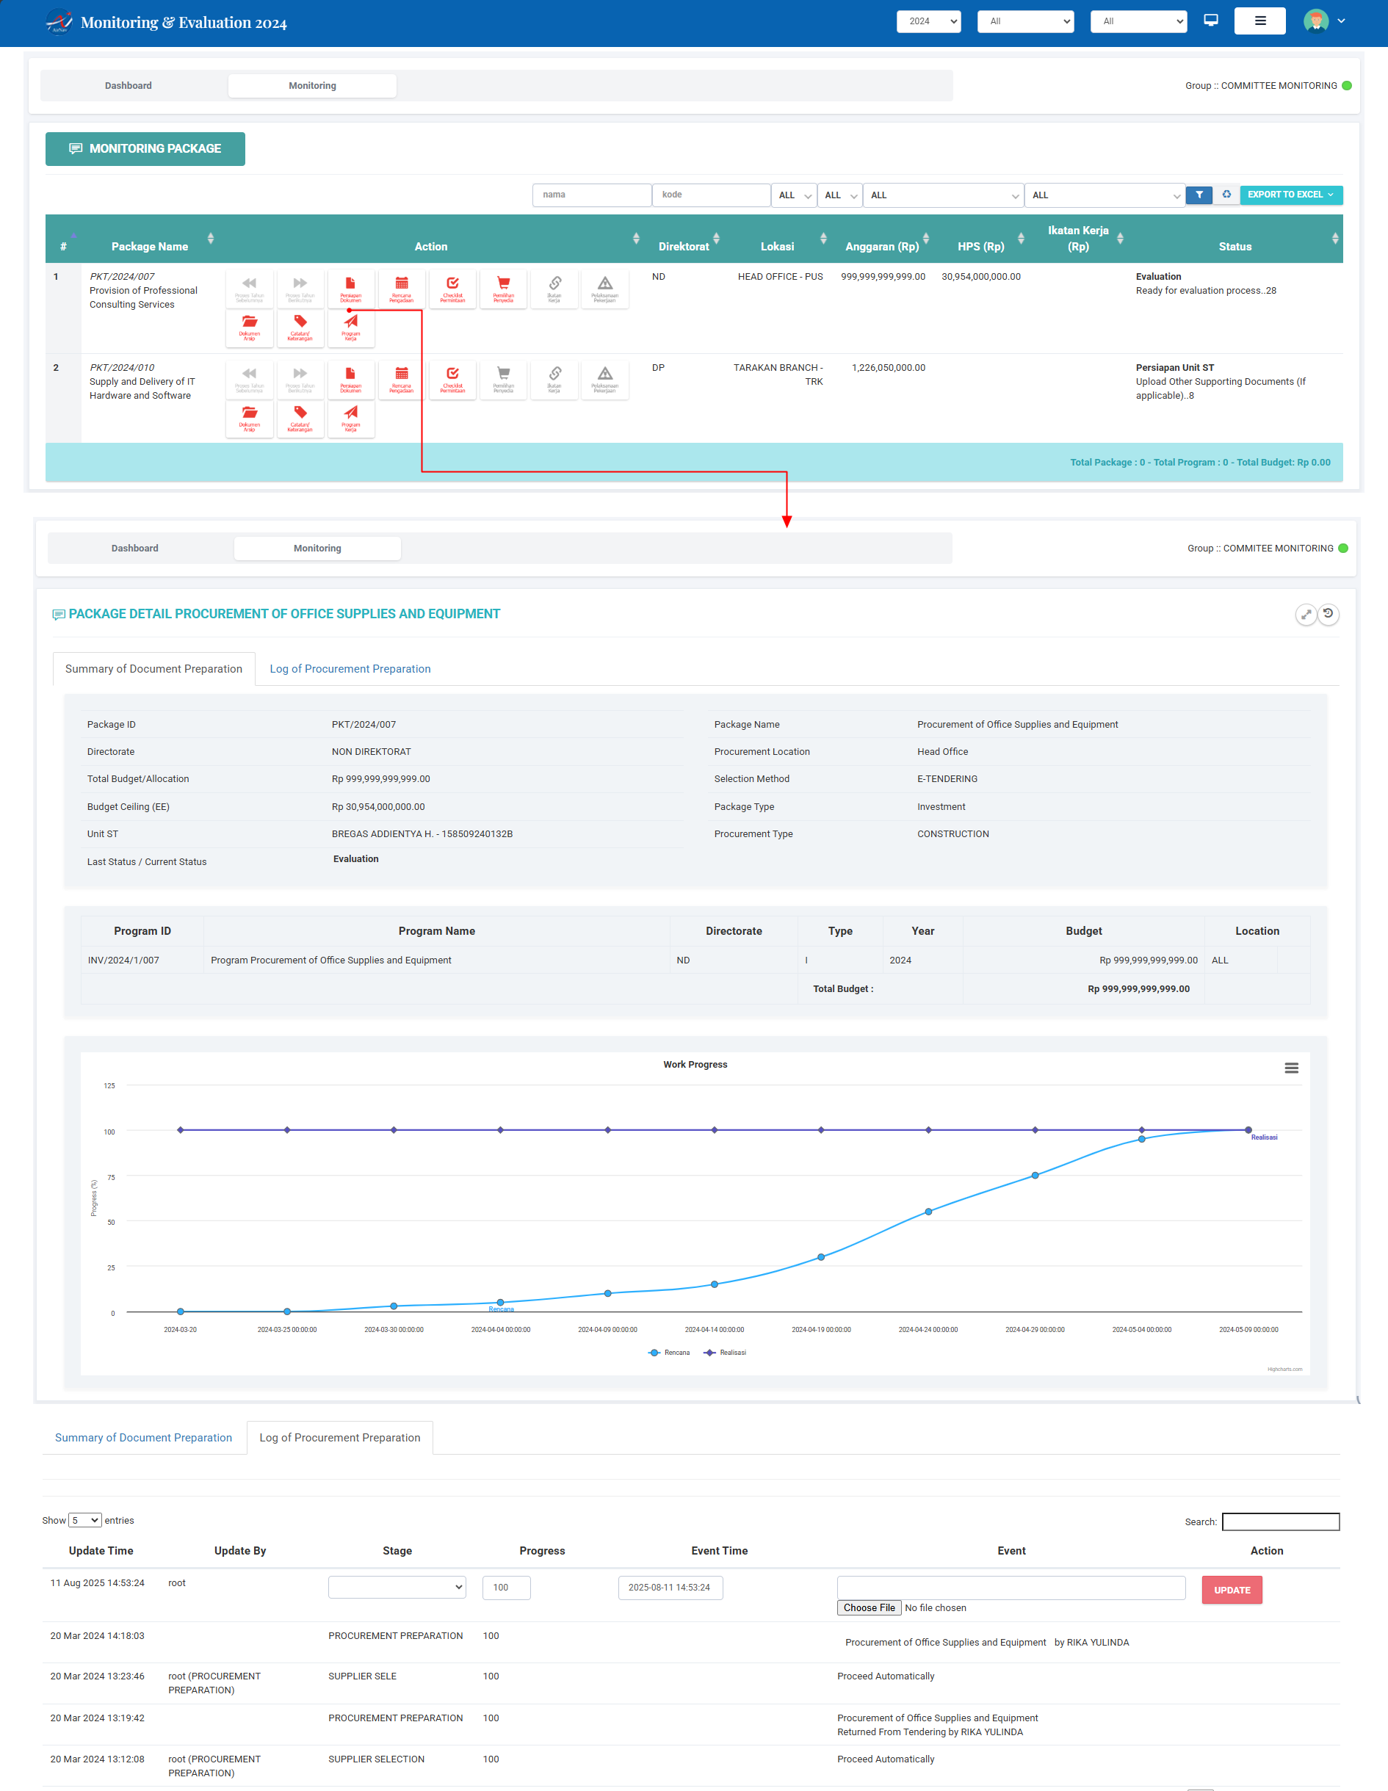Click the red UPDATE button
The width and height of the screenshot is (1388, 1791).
[1232, 1589]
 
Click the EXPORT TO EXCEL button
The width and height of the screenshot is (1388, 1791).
[1290, 195]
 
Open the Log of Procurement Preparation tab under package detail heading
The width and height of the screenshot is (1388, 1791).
[350, 668]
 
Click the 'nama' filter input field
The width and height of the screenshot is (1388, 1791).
[591, 195]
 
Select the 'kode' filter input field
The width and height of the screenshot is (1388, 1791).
[710, 195]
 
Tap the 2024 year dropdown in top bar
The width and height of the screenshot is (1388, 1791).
[928, 21]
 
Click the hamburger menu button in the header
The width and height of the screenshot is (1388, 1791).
[1259, 21]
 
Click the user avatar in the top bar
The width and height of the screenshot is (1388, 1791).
[1315, 21]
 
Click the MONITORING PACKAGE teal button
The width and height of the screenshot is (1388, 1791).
[145, 148]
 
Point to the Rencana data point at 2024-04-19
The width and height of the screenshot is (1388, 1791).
[821, 1256]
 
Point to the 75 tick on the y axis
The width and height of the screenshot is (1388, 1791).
[111, 1177]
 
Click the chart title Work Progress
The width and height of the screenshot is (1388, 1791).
[695, 1065]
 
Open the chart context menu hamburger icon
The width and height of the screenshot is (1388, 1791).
[1291, 1068]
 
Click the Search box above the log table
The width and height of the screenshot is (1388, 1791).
[1281, 1522]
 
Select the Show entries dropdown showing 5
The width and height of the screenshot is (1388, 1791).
[84, 1520]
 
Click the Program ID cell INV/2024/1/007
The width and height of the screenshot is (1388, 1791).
[124, 960]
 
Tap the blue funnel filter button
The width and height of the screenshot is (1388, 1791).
[1199, 195]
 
